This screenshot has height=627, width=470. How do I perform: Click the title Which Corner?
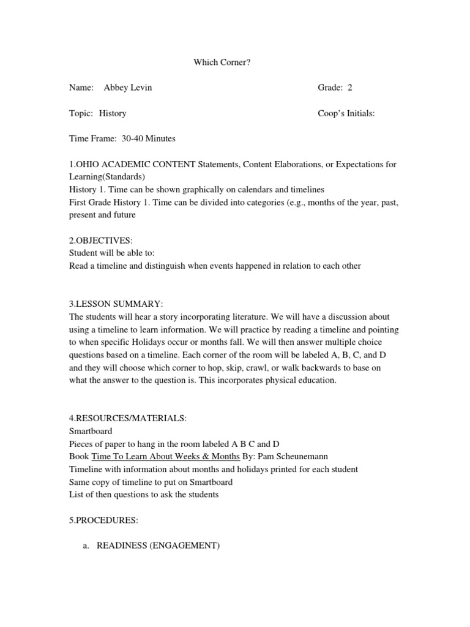coord(222,62)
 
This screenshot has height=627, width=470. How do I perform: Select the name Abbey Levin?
coord(128,88)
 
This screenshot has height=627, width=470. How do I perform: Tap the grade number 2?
coord(350,88)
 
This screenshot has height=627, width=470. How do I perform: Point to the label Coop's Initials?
coord(346,113)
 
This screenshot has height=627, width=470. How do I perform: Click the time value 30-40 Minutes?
coord(149,138)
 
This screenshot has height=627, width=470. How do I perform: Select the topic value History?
coord(113,113)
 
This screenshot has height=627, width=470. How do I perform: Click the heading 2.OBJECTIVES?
coord(101,241)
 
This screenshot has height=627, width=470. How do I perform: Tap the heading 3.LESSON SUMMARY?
coord(116,304)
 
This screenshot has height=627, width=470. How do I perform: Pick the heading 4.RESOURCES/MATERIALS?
coord(128,418)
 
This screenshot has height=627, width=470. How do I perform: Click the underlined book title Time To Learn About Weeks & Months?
coord(165,457)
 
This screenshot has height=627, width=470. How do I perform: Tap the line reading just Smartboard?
coord(91,431)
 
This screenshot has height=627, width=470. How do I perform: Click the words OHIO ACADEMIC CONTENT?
coord(135,164)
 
